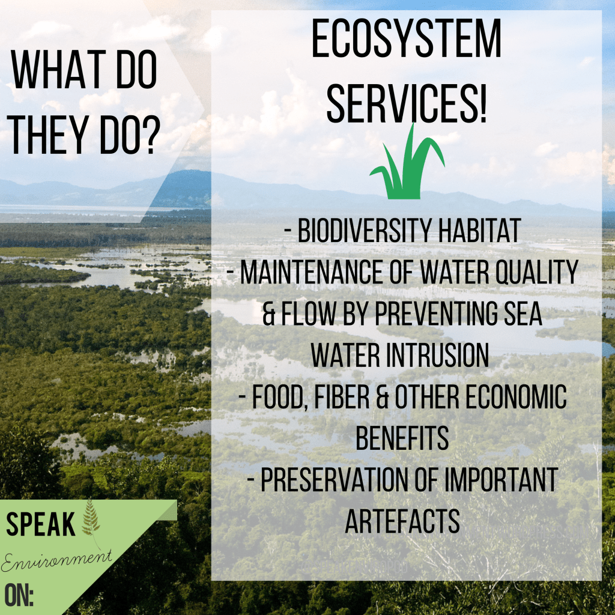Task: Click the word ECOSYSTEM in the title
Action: [x=406, y=38]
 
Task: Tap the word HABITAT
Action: [x=479, y=231]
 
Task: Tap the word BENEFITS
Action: [x=402, y=438]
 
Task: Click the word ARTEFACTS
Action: [x=402, y=521]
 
